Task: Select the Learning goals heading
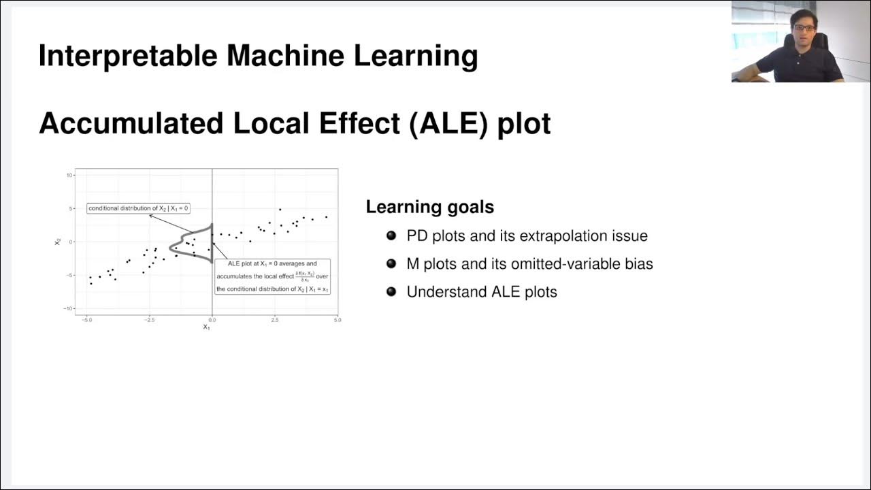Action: (x=429, y=207)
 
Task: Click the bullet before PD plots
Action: (x=391, y=235)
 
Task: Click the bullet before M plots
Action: (x=391, y=263)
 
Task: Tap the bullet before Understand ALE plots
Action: (x=391, y=291)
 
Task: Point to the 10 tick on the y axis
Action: (x=69, y=175)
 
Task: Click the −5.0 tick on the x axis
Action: (x=86, y=319)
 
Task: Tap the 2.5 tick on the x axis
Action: (x=274, y=319)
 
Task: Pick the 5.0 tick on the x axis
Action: (x=337, y=319)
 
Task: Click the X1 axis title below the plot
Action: (x=206, y=327)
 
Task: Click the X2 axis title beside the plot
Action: (x=59, y=241)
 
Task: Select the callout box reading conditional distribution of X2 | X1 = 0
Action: (x=138, y=208)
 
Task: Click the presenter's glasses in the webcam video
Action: (x=804, y=27)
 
